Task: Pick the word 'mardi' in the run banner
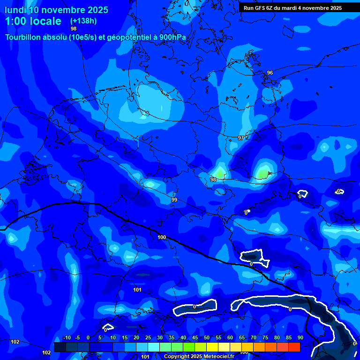(294, 8)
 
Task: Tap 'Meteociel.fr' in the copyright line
(216, 357)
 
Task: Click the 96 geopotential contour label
(270, 73)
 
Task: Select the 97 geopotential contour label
(240, 138)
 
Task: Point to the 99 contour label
(174, 200)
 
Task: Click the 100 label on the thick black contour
(162, 237)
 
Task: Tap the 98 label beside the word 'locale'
(74, 29)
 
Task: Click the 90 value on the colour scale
(300, 338)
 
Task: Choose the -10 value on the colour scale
(67, 338)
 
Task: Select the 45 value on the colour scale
(195, 338)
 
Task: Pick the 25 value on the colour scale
(148, 338)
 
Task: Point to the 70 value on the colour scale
(254, 338)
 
